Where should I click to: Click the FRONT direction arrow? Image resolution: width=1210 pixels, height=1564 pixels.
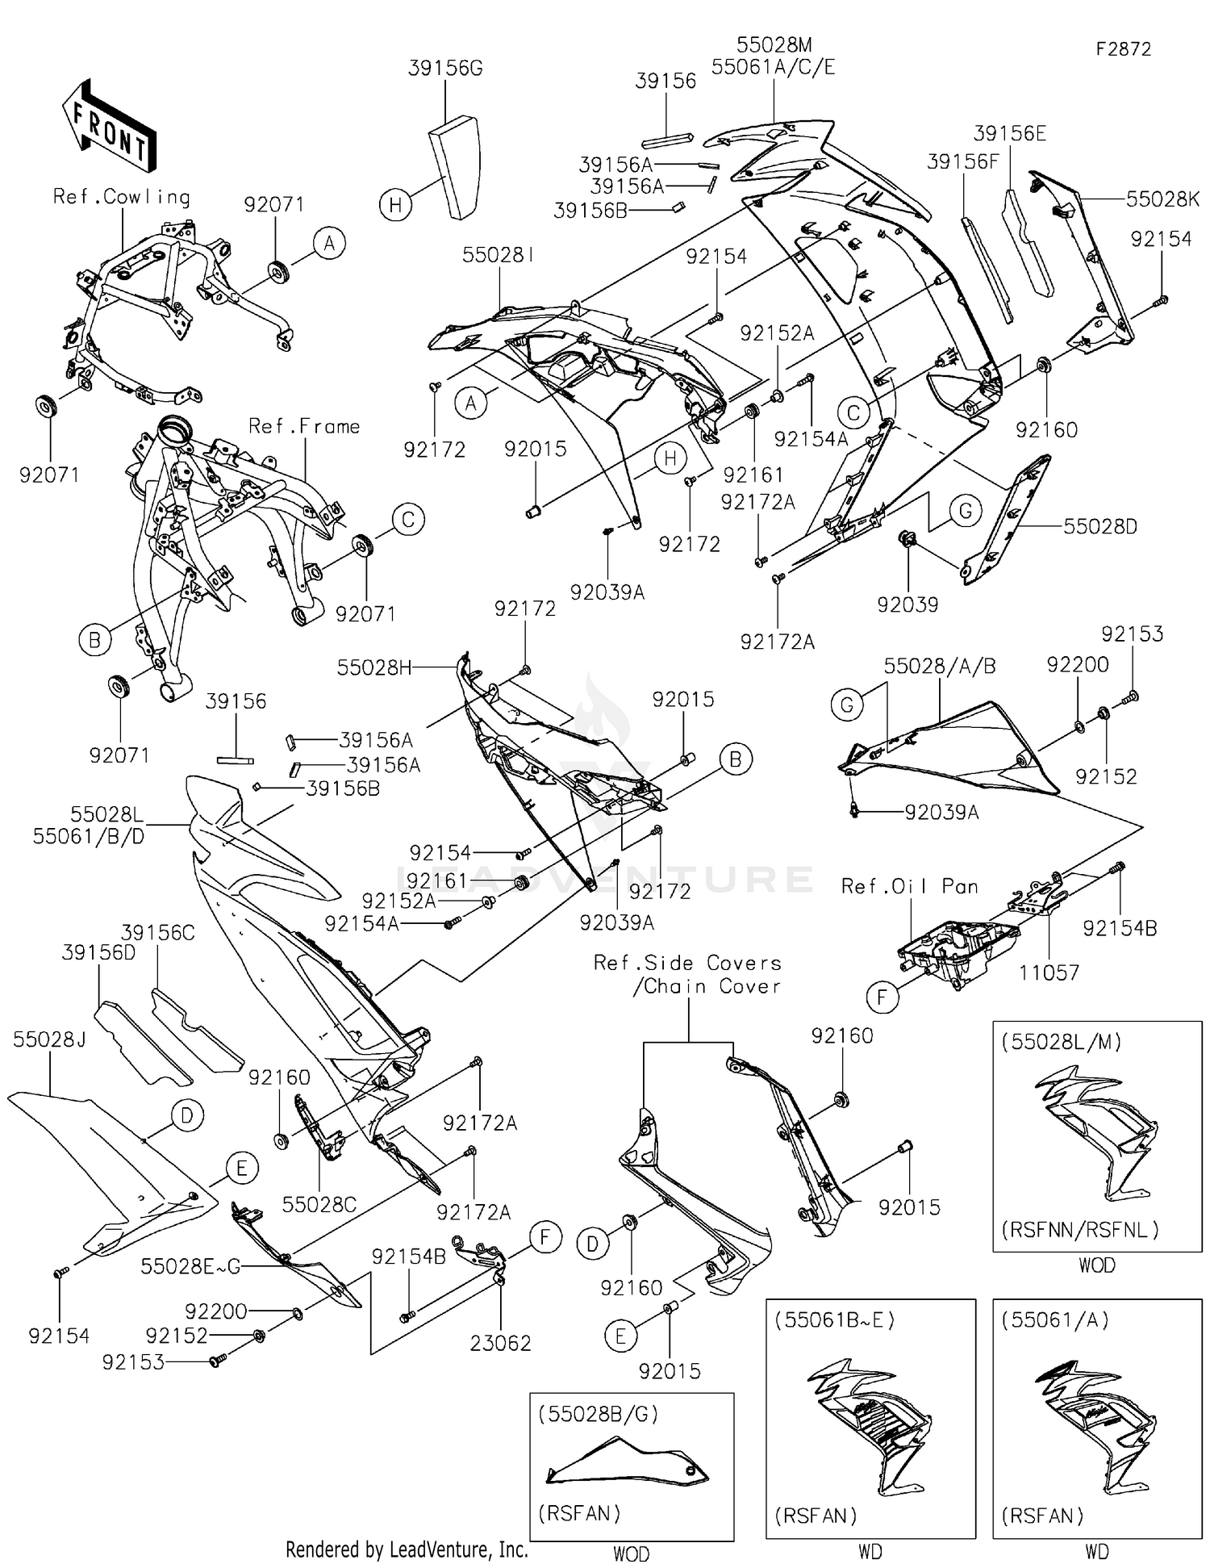(x=110, y=125)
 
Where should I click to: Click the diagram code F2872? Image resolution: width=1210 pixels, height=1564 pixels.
(x=1123, y=49)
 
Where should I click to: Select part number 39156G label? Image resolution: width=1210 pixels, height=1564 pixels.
(x=445, y=69)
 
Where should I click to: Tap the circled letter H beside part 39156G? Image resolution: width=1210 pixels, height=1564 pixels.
(x=395, y=205)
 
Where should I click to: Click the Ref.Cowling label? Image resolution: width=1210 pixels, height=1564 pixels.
(x=122, y=197)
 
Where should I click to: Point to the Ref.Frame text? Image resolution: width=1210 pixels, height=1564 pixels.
(x=304, y=426)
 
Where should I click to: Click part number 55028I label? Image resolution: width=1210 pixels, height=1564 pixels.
(x=498, y=256)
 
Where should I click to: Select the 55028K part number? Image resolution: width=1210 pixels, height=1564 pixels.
(x=1163, y=199)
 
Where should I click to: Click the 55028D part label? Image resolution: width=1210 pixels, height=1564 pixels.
(x=1100, y=527)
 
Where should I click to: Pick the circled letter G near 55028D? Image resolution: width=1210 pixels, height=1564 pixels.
(x=965, y=511)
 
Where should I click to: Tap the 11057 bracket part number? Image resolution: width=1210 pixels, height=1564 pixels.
(x=1049, y=973)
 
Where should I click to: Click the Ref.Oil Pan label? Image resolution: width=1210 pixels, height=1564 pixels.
(x=909, y=886)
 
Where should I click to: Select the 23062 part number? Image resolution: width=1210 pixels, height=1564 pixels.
(x=500, y=1343)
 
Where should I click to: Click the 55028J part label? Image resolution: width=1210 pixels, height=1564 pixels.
(x=49, y=1039)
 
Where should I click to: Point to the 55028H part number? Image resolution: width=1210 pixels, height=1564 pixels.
(x=374, y=667)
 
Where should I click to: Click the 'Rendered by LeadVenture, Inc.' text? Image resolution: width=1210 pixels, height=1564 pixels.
(x=407, y=1549)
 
